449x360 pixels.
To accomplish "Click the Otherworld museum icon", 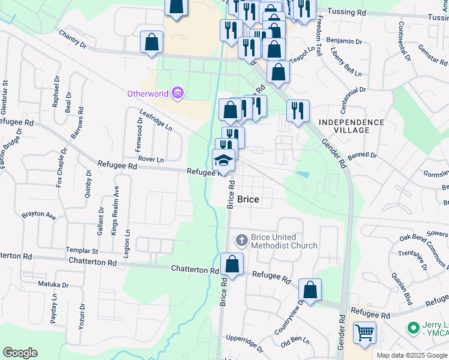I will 177,93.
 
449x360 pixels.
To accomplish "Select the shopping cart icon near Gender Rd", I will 364,332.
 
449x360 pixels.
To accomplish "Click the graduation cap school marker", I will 223,160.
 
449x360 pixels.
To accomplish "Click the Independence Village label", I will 351,127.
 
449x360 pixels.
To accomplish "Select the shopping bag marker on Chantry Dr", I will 152,43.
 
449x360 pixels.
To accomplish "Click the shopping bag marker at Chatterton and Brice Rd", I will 232,264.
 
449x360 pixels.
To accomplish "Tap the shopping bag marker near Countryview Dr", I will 310,290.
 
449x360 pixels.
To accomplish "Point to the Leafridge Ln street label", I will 155,120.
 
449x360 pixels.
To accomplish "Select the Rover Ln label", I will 151,160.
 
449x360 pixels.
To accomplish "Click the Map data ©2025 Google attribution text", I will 412,355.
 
